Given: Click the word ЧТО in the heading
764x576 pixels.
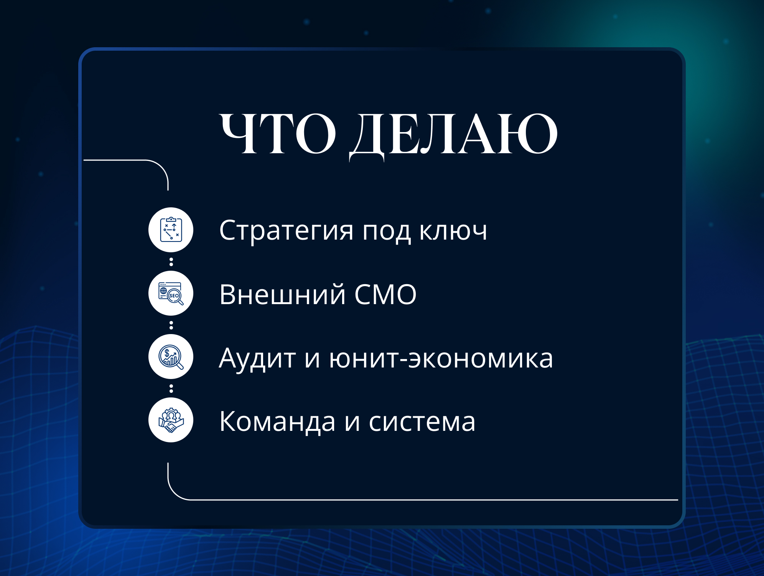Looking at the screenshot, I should [278, 134].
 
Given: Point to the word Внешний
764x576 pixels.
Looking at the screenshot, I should [282, 295].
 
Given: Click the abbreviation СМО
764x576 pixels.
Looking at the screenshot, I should [385, 295].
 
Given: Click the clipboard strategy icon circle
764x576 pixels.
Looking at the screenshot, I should [171, 230].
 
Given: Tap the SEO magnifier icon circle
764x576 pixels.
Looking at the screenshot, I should [171, 293].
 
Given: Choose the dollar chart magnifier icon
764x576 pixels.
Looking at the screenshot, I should [171, 357].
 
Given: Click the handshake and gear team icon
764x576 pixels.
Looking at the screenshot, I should [171, 420].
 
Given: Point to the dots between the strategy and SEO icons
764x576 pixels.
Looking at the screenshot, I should [171, 262].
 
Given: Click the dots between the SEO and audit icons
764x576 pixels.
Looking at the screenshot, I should [171, 325].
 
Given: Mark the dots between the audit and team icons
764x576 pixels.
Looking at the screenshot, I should [171, 389].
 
